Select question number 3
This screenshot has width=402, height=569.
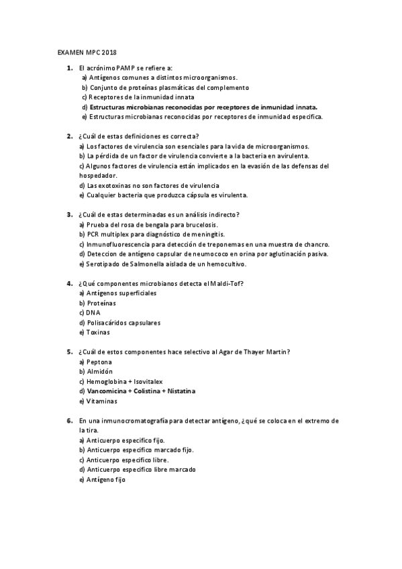(69, 214)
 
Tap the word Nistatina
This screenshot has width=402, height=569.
(180, 391)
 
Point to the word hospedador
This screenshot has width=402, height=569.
(97, 175)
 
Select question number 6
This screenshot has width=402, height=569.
(69, 421)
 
